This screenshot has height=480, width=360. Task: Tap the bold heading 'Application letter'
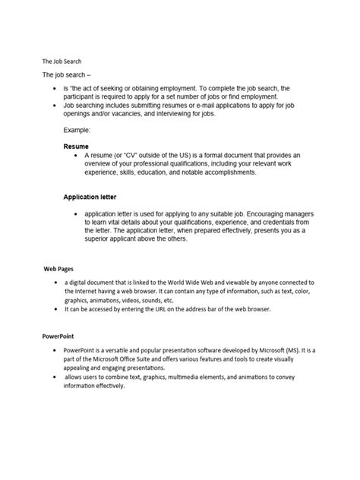click(92, 197)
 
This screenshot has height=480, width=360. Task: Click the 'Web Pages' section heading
click(58, 269)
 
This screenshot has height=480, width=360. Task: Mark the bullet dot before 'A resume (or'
click(76, 153)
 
